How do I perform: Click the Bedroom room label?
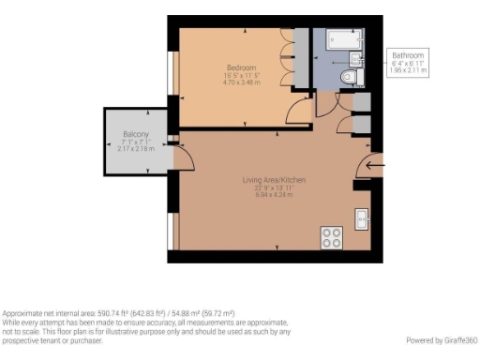235,67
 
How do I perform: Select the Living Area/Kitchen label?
280,180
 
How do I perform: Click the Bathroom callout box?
408,62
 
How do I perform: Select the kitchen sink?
362,219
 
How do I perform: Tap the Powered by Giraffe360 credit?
442,339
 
